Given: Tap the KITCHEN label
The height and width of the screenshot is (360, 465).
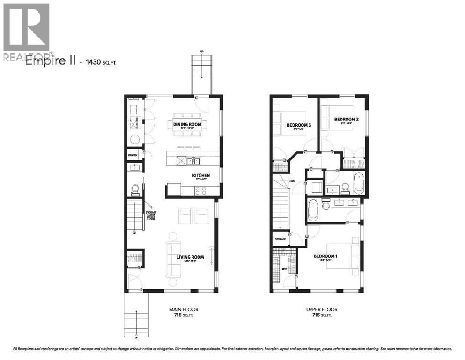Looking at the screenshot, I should coord(200,176).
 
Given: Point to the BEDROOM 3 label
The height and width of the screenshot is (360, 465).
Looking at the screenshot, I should coord(298,125).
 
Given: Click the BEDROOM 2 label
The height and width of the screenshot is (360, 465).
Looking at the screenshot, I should coord(346,120).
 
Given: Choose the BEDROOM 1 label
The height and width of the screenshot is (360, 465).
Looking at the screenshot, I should coord(326,256).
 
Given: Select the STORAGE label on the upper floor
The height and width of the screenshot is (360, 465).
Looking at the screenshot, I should coord(280,239).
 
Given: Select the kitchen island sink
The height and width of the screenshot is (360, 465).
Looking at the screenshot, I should coord(192,161).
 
